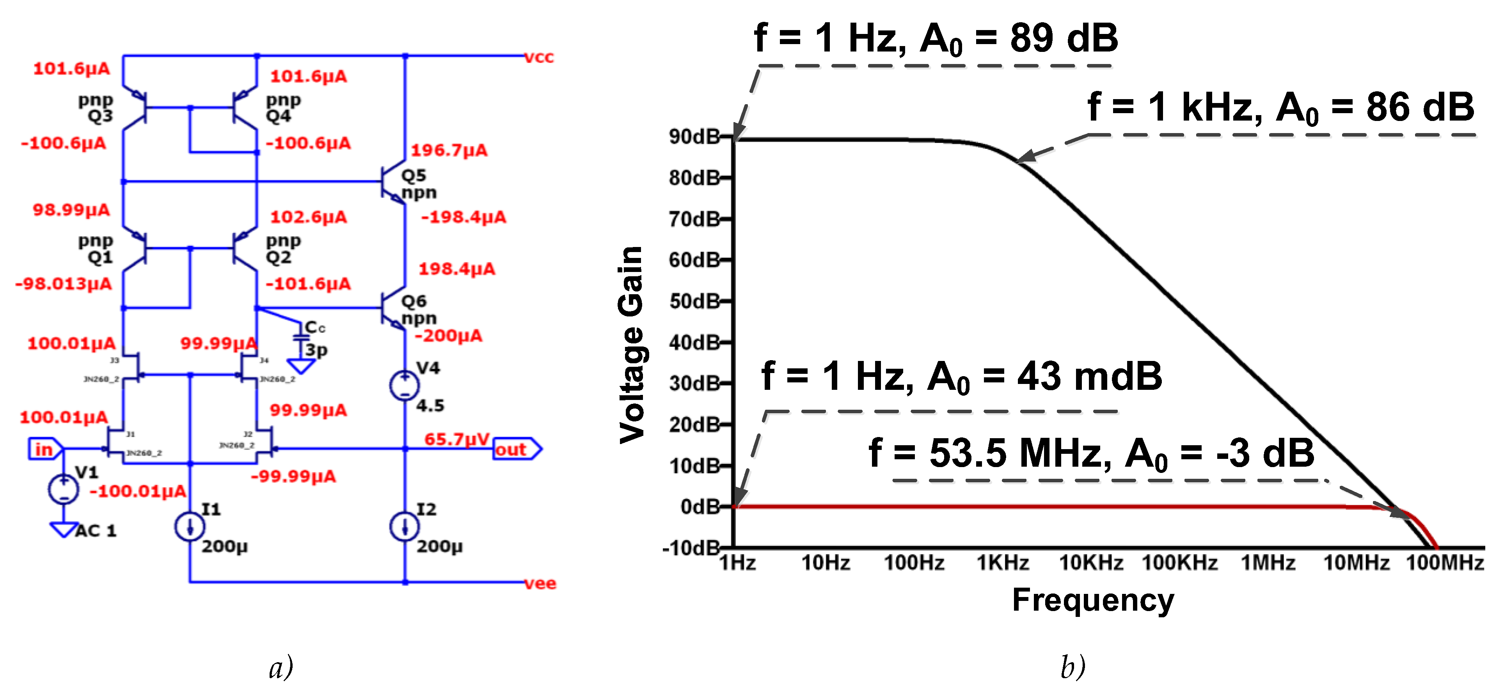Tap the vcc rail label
pyautogui.click(x=538, y=57)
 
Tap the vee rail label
pyautogui.click(x=540, y=583)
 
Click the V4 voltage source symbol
pyautogui.click(x=405, y=385)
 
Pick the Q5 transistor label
pyautogui.click(x=414, y=175)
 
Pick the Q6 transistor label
pyautogui.click(x=414, y=301)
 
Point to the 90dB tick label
pyautogui.click(x=694, y=137)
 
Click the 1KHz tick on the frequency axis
pyautogui.click(x=1003, y=563)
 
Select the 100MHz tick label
pyautogui.click(x=1444, y=563)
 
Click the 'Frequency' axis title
pyautogui.click(x=1092, y=600)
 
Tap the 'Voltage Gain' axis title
pyautogui.click(x=632, y=345)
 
